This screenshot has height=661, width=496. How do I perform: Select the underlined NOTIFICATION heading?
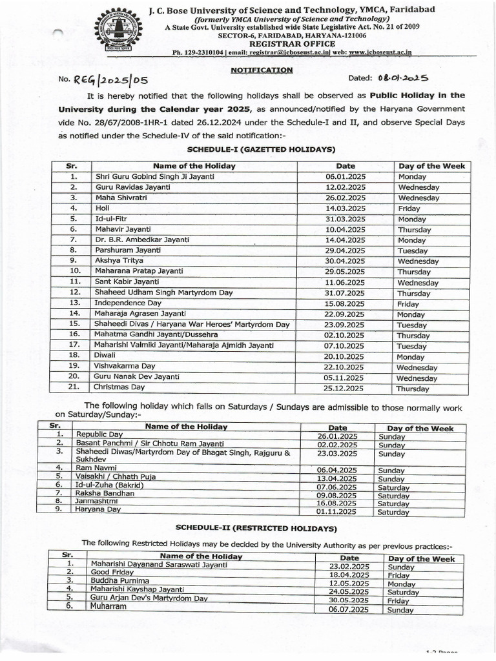[262, 70]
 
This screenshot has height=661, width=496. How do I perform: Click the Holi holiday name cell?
[104, 208]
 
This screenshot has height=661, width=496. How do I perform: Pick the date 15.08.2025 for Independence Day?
[346, 303]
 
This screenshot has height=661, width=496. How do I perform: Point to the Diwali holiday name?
[107, 356]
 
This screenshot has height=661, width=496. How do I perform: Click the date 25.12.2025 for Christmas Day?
[346, 388]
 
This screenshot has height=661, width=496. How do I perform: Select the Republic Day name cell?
[98, 436]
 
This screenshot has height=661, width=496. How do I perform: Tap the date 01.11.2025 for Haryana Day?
[338, 512]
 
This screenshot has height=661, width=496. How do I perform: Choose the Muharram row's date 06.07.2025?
[349, 609]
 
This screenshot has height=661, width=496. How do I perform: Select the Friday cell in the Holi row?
[409, 208]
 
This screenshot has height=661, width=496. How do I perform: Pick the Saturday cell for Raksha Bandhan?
[393, 494]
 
